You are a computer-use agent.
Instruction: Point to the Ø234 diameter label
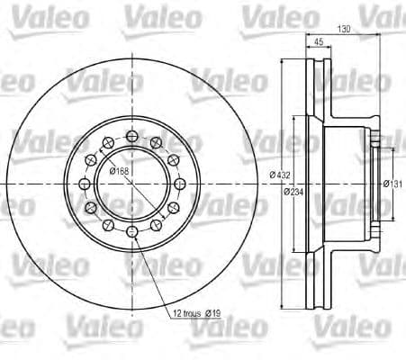click(x=293, y=192)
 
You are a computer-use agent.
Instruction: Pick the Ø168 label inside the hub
click(x=119, y=172)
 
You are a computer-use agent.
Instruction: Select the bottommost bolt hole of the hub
click(x=133, y=233)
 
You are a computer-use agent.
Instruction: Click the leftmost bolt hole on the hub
click(x=84, y=184)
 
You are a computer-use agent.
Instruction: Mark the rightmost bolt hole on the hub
click(x=184, y=184)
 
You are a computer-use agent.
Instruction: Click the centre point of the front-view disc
click(x=133, y=184)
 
